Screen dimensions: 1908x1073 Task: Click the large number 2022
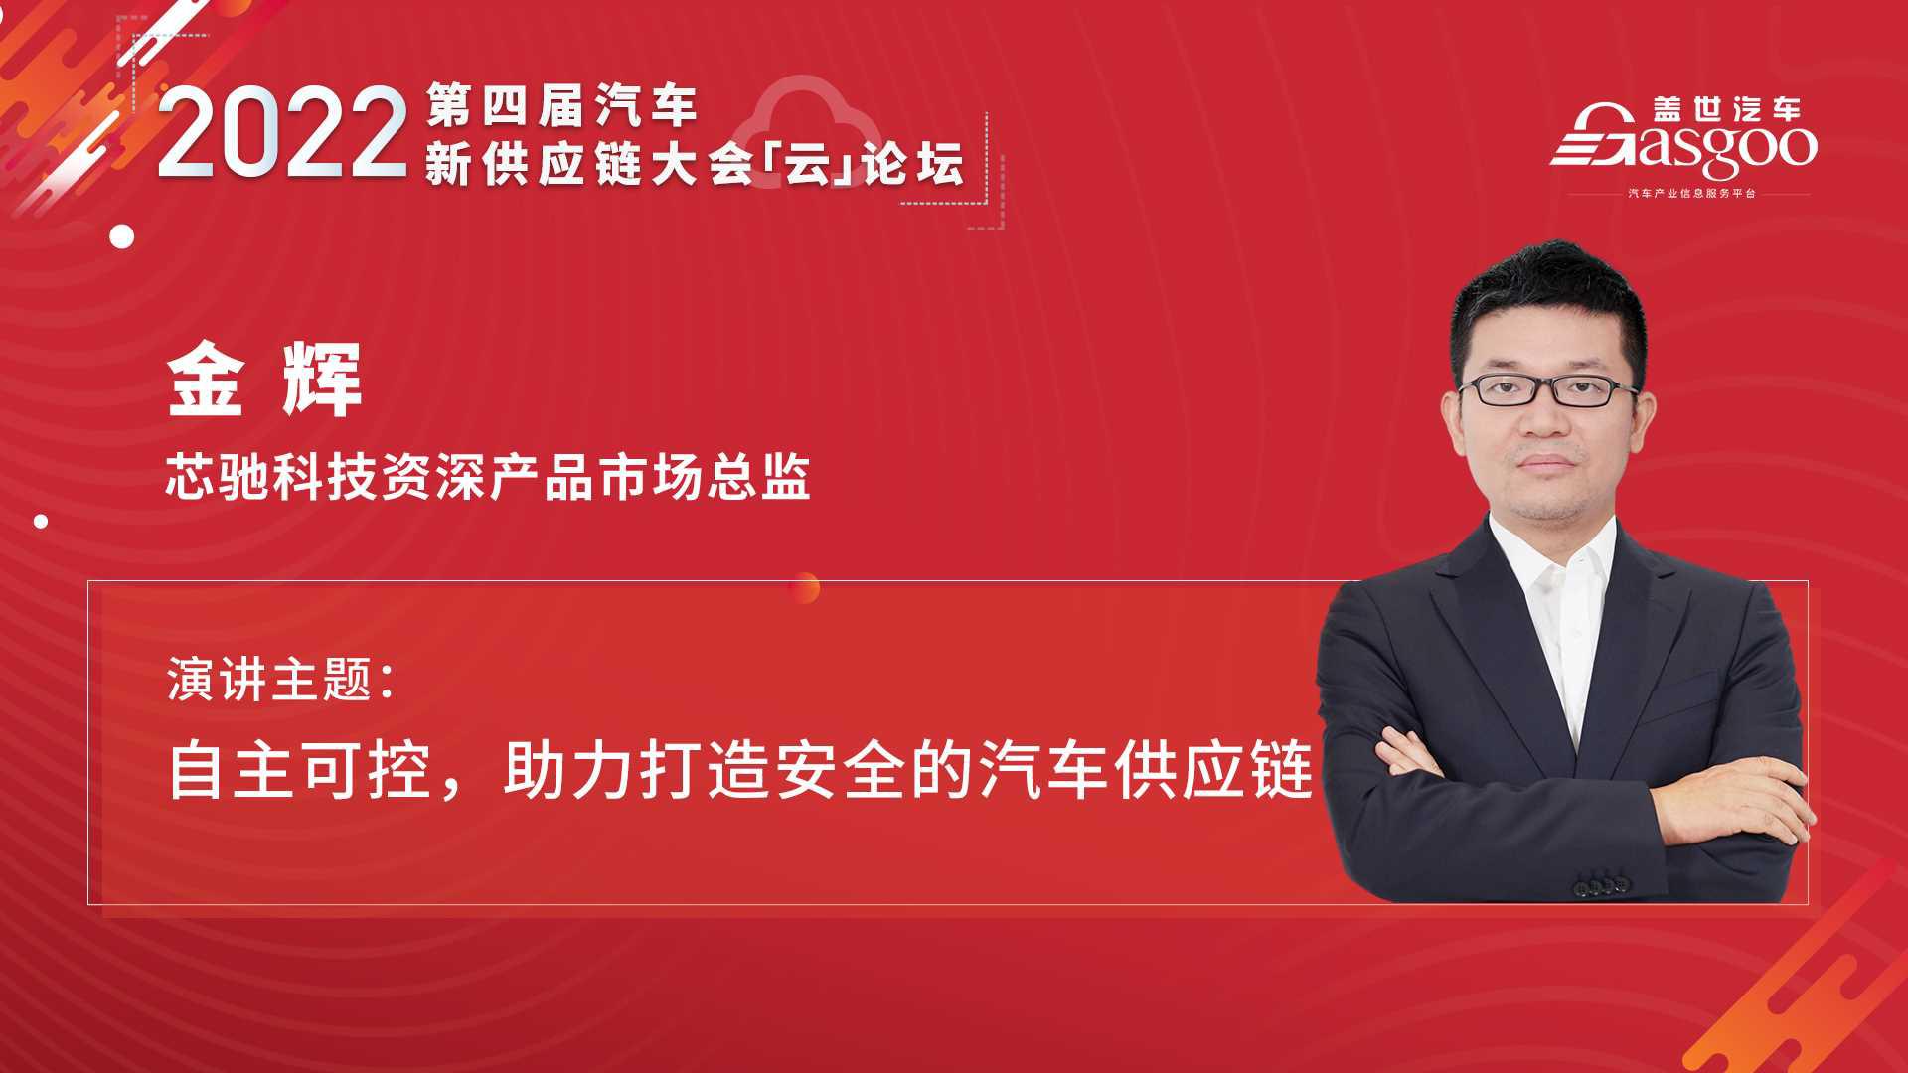(x=283, y=134)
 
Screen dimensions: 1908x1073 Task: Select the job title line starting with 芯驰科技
(x=488, y=476)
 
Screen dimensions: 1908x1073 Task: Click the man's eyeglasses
(x=1546, y=389)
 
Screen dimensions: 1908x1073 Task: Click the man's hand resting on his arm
(x=1729, y=795)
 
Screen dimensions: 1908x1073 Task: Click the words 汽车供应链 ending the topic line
(x=1147, y=771)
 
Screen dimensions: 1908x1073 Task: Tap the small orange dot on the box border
(x=806, y=588)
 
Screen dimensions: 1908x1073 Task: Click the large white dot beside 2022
(x=122, y=236)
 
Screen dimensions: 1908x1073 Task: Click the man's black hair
(x=1539, y=298)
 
